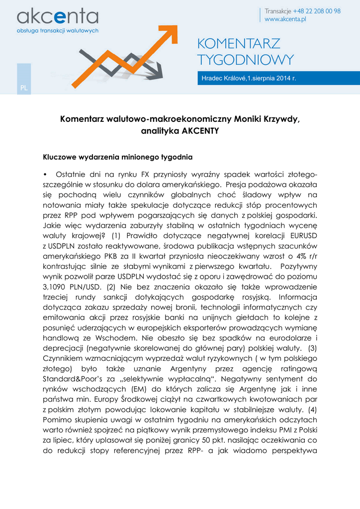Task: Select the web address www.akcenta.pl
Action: [285, 19]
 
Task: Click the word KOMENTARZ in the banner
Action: [239, 44]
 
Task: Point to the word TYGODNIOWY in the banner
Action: [246, 60]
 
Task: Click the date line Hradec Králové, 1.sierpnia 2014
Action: [249, 79]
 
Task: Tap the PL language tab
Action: [23, 88]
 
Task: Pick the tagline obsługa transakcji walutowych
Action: [58, 30]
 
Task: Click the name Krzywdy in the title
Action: [281, 119]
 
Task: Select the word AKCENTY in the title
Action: [200, 131]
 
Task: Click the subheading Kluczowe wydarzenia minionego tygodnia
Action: [118, 158]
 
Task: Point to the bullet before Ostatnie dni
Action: [45, 174]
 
